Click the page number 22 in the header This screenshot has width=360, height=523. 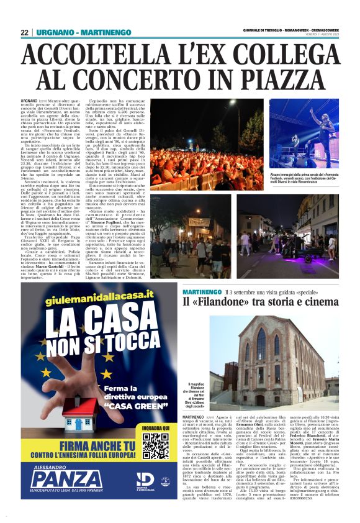click(24, 32)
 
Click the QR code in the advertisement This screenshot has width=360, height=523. click(155, 447)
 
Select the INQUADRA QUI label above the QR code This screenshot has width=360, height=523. click(155, 428)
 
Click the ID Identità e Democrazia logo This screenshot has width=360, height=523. click(145, 480)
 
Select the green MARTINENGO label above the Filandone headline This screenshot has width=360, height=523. click(203, 291)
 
